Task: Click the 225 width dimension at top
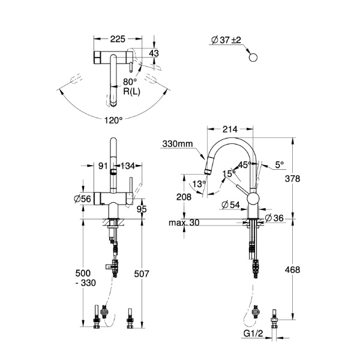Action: point(118,39)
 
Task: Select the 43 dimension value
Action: point(153,53)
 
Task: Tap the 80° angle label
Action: point(130,81)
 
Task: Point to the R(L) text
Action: point(132,91)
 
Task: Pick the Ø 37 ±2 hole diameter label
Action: point(225,40)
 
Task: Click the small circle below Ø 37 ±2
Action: point(253,57)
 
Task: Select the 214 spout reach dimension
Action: point(230,128)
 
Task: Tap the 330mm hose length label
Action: point(176,143)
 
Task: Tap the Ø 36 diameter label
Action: point(273,217)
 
